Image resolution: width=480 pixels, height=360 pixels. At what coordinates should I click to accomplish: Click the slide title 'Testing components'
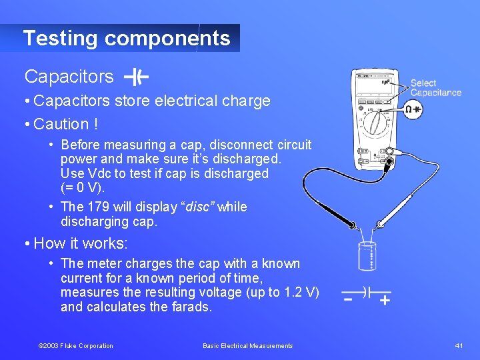point(127,38)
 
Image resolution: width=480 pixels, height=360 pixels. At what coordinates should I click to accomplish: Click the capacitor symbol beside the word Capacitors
point(137,77)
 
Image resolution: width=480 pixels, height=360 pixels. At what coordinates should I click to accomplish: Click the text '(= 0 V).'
point(83,187)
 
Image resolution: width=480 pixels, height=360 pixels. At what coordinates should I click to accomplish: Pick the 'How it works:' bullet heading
point(80,243)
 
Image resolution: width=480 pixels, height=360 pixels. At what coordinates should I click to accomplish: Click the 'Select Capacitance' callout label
point(435,88)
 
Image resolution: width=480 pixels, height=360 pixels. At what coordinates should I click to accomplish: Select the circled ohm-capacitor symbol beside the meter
point(413,109)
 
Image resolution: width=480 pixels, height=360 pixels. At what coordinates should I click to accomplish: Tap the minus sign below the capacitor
point(348,300)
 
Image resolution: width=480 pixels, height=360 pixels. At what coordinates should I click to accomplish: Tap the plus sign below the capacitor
point(385,300)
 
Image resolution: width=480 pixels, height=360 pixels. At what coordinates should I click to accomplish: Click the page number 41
point(458,345)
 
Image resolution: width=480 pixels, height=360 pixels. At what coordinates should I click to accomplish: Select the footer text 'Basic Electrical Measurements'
point(247,345)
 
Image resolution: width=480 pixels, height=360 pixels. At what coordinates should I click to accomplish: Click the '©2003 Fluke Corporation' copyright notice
point(76,345)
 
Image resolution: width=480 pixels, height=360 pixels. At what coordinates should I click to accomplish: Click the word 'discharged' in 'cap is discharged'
point(235,173)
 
